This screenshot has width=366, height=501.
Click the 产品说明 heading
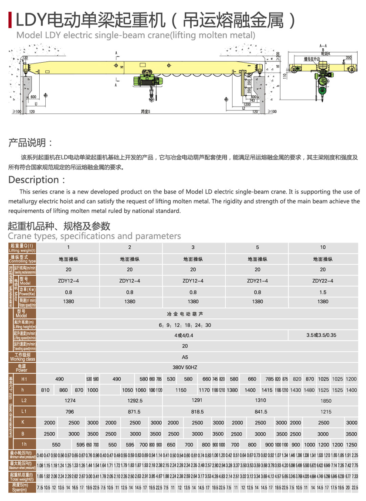30,143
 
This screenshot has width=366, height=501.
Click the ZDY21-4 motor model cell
257,281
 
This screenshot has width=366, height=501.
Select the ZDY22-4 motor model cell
322,281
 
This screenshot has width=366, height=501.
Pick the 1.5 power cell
322,292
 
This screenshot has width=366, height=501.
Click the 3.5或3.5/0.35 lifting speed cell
322,335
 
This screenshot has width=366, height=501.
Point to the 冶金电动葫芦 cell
185,314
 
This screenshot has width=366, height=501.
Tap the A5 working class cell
185,357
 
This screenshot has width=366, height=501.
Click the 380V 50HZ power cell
185,367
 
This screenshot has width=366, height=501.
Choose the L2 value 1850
322,400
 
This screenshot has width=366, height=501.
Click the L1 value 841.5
261,411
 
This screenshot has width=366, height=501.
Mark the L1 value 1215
322,411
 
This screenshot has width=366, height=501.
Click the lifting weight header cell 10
322,247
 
